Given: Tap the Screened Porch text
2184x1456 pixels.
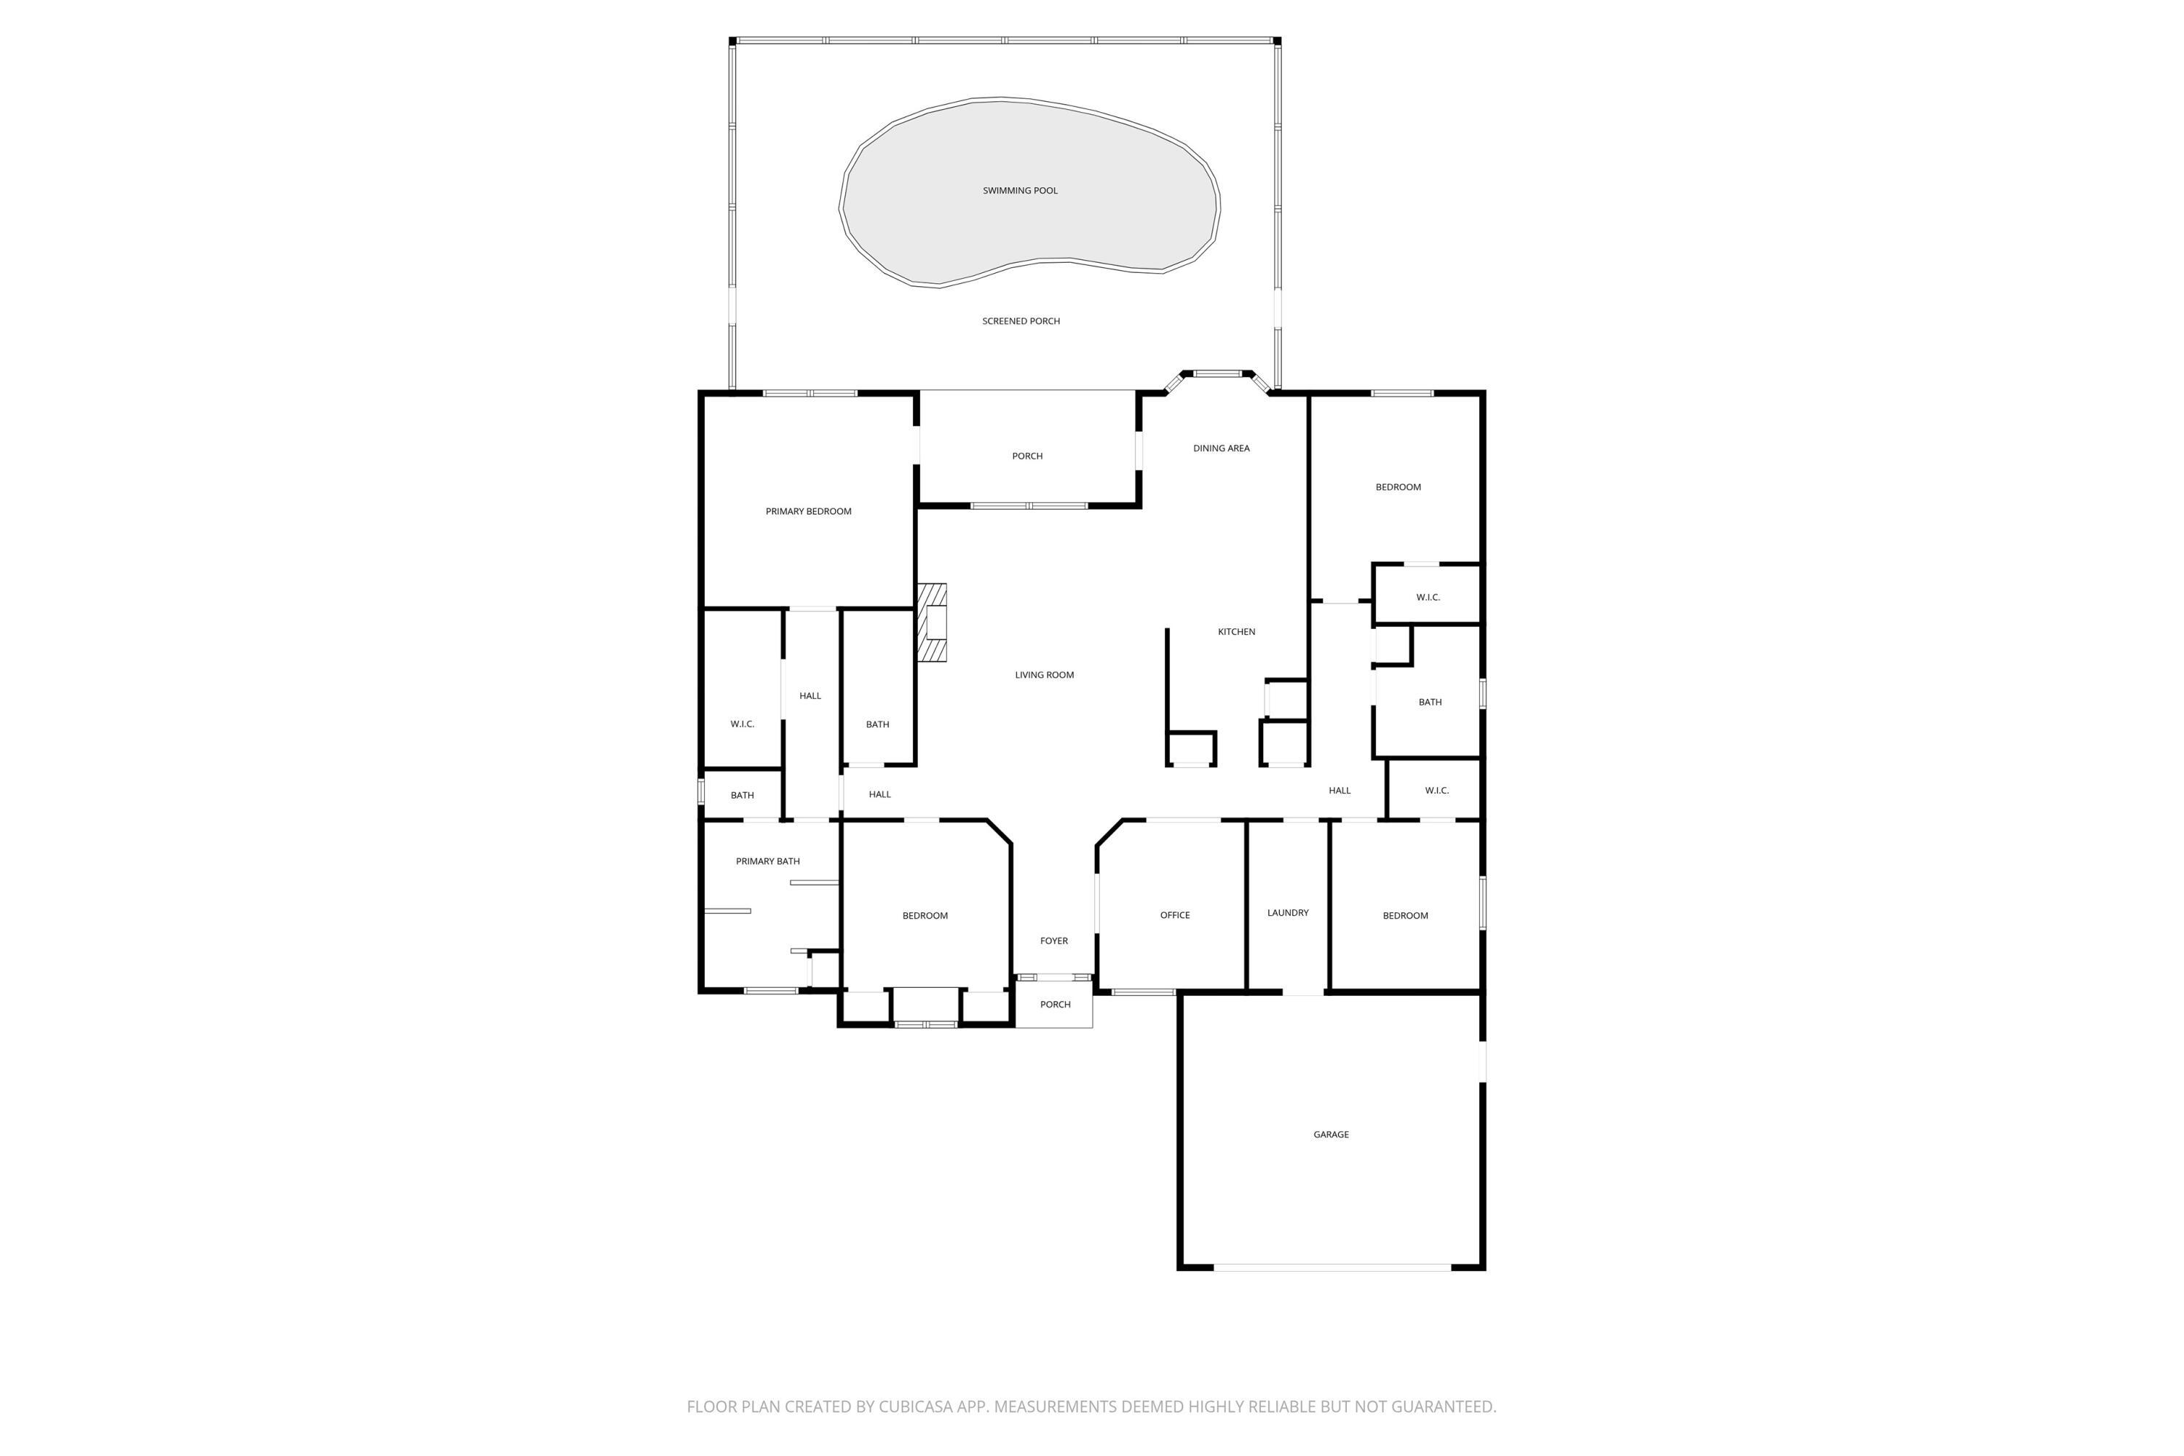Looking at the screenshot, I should click(x=1021, y=321).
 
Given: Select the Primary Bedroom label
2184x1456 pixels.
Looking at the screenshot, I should click(x=808, y=512).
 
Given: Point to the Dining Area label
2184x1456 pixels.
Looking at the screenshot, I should click(x=1221, y=448).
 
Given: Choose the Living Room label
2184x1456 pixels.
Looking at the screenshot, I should click(x=1044, y=675).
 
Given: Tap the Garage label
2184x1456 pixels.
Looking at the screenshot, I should click(x=1331, y=1135).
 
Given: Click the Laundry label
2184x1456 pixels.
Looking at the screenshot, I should click(x=1287, y=914).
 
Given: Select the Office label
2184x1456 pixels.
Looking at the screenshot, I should click(x=1175, y=916).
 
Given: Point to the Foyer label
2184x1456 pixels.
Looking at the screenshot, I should click(x=1054, y=941).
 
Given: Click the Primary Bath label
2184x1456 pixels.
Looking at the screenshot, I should click(x=767, y=862).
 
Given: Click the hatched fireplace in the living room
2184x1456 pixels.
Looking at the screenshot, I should click(x=933, y=622).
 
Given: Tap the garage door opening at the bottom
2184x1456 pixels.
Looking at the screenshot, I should click(x=1332, y=1267).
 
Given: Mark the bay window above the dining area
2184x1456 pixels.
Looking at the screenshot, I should click(x=1216, y=374).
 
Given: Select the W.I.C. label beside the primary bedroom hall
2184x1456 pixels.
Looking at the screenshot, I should click(x=742, y=724).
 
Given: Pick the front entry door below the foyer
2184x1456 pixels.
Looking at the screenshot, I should click(x=1054, y=978).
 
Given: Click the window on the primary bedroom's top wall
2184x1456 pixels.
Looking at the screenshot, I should click(x=810, y=394).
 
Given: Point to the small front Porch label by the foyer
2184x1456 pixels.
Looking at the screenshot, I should click(x=1055, y=1005).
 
